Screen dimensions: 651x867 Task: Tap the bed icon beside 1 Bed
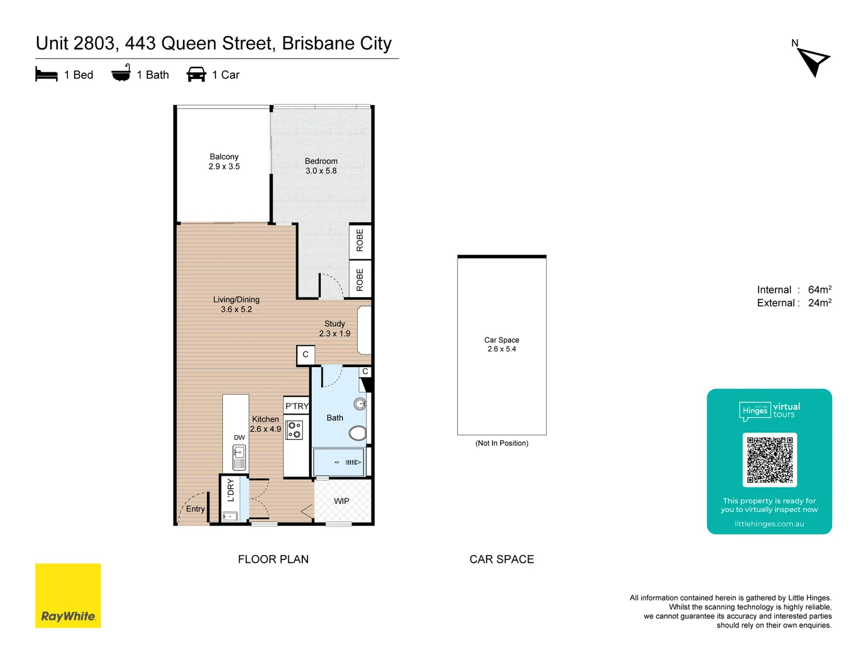[x=46, y=75]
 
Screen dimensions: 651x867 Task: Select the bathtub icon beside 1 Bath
[x=121, y=74]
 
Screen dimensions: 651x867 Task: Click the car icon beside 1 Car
[x=196, y=74]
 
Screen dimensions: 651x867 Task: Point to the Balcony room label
[x=224, y=157]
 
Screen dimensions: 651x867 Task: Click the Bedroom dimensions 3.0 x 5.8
[x=321, y=171]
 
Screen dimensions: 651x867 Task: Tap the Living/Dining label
[x=236, y=300]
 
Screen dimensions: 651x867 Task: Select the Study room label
[x=335, y=324]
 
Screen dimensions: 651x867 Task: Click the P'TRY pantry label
[x=297, y=406]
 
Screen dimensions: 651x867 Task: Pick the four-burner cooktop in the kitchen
[x=294, y=430]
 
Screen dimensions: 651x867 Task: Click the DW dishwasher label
[x=240, y=438]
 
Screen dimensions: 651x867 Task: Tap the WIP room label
[x=341, y=501]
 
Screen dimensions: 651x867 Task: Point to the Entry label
[x=195, y=509]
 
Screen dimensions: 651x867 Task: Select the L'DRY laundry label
[x=231, y=490]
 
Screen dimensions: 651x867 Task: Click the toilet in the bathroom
[x=358, y=433]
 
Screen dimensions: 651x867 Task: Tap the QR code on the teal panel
[x=769, y=459]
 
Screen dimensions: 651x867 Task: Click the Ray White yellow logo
[x=68, y=596]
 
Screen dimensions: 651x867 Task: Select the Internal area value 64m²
[x=819, y=290]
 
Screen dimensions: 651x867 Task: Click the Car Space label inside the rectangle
[x=502, y=340]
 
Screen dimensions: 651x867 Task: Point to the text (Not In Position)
[x=502, y=443]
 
